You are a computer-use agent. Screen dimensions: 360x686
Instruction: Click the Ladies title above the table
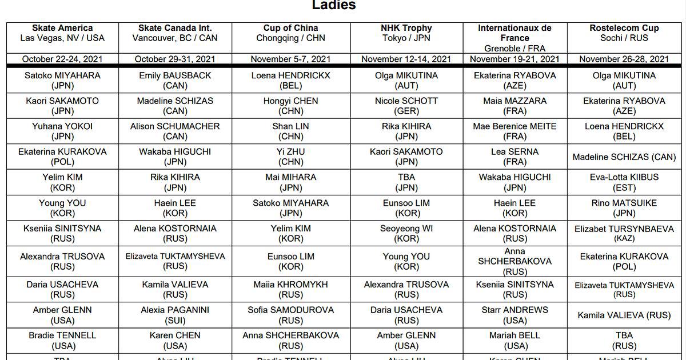tap(334, 6)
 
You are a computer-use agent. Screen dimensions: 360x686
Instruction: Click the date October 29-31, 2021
tap(176, 59)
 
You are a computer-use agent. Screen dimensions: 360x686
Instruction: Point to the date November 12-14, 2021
tap(406, 59)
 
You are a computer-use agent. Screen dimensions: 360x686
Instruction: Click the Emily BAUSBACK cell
tap(175, 81)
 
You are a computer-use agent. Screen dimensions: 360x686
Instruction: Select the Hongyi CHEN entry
tap(290, 106)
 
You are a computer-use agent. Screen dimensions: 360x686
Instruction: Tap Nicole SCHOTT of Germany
tap(406, 106)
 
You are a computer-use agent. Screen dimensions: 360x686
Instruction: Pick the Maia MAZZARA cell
tap(514, 106)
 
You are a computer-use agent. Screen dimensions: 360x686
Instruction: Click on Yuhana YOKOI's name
tap(62, 126)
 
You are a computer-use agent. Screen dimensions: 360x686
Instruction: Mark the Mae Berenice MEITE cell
tap(514, 131)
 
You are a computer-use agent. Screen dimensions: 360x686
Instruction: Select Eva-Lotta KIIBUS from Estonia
tap(624, 182)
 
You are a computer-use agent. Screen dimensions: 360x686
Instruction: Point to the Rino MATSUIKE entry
tap(624, 208)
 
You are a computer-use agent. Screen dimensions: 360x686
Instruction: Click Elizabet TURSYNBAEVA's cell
tap(624, 233)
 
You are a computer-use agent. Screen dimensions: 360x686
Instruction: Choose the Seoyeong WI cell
tap(406, 233)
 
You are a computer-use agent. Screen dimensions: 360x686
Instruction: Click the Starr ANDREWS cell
tap(514, 315)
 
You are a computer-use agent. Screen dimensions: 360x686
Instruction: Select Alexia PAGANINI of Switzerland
tap(175, 315)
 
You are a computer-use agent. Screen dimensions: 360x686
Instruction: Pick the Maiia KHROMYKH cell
tap(290, 289)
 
